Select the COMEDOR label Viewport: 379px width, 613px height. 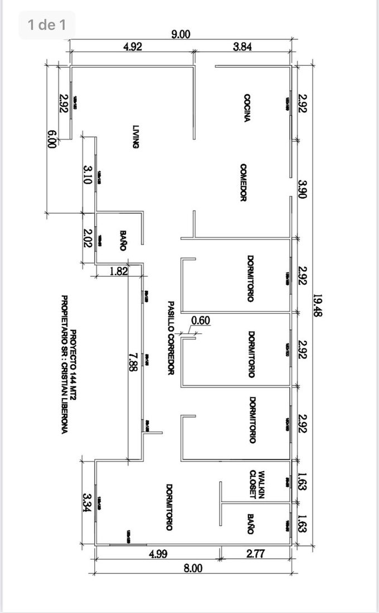[244, 183]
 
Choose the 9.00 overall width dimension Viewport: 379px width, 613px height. [181, 35]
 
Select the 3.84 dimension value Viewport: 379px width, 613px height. [242, 47]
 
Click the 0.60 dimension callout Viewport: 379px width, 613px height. [200, 320]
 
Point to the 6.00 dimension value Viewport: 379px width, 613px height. [52, 138]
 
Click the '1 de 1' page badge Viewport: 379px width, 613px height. [47, 25]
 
